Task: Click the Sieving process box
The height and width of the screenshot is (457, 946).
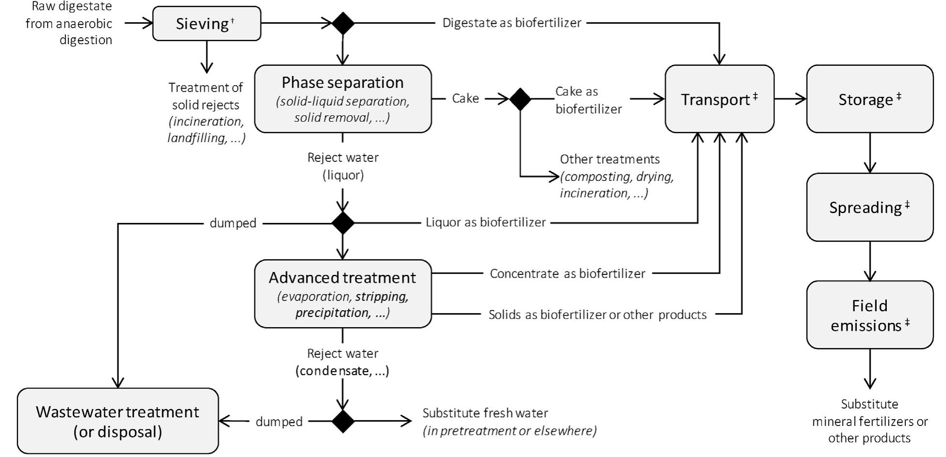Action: tap(207, 23)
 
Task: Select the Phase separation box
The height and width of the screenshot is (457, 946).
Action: tap(343, 99)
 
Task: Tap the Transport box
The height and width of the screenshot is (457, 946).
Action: tap(719, 99)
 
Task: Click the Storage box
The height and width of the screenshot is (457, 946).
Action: tap(869, 99)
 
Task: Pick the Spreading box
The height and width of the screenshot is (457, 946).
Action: tap(869, 207)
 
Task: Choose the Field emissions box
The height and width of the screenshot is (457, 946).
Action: tap(869, 315)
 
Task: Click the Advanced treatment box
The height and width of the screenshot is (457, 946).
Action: tap(343, 294)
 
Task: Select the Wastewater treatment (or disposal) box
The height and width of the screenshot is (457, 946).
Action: tap(118, 421)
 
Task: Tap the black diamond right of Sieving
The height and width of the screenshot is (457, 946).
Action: tap(343, 23)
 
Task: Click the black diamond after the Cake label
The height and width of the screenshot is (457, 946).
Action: tap(520, 99)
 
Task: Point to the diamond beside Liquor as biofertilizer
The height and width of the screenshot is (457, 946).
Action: tap(343, 223)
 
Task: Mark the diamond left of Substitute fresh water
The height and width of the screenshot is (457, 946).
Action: tap(343, 421)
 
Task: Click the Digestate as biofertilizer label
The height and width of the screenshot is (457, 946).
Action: tap(512, 23)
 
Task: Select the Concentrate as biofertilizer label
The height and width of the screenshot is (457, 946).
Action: tap(567, 274)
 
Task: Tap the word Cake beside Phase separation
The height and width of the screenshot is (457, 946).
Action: tap(465, 98)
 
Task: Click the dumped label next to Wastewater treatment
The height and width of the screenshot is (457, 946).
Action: tap(279, 422)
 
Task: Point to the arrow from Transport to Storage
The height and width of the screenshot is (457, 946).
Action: tap(790, 99)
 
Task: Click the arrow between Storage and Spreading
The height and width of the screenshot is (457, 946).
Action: tap(869, 153)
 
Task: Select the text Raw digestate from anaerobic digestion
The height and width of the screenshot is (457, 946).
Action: tap(69, 23)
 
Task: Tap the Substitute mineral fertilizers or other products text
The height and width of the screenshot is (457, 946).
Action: tap(869, 421)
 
